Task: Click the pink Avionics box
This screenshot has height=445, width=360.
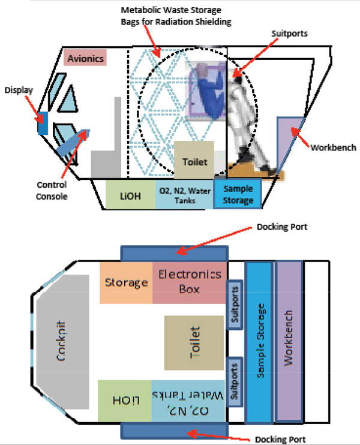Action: pos(85,58)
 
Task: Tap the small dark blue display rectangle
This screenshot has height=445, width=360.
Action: pos(43,123)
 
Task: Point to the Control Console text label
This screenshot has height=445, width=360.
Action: pos(52,191)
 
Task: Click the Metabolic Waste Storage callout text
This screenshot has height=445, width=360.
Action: pos(176,16)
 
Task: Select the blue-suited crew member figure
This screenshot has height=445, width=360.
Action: pos(210,92)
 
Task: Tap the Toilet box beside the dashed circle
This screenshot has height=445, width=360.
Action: pos(194,160)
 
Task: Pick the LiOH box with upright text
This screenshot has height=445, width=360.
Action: pos(130,195)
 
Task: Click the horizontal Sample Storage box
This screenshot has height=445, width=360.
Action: pos(238,194)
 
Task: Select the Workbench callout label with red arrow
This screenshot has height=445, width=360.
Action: pos(333,148)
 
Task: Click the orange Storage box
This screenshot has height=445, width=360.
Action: pos(126,282)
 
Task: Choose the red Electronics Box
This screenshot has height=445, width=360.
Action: pos(190,282)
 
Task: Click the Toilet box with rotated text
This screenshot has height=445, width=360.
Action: pos(194,343)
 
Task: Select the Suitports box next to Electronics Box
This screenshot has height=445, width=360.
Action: pos(235,305)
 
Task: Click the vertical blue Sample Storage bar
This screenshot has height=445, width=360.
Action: pos(259,342)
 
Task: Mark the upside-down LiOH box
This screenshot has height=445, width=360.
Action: pos(125,401)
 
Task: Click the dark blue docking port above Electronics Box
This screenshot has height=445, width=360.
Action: pos(175,254)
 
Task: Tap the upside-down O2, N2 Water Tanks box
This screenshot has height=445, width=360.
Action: pos(188,401)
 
